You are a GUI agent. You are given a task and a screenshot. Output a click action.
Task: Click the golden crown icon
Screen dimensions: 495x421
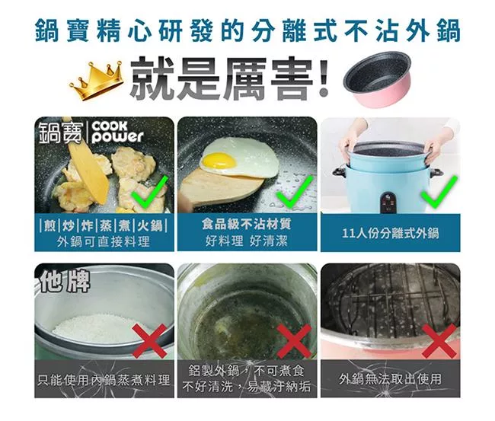(x=96, y=81)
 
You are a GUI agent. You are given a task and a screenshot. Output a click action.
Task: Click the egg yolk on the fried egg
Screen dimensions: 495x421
(x=219, y=161)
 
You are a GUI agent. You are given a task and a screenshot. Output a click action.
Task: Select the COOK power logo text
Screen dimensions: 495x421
(x=117, y=132)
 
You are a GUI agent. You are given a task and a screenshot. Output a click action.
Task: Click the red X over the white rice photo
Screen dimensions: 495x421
(x=150, y=341)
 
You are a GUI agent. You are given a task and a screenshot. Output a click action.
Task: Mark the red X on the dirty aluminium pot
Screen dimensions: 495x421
(x=294, y=341)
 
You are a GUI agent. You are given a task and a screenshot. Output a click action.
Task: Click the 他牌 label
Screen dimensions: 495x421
(x=65, y=281)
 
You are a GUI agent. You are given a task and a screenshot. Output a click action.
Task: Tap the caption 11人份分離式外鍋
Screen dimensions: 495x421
(x=390, y=233)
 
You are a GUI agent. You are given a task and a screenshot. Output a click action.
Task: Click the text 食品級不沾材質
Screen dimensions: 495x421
(x=247, y=224)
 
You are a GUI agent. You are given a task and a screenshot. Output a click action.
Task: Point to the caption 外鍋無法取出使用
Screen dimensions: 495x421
(x=390, y=378)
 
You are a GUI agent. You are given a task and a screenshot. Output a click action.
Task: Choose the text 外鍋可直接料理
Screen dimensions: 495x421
(x=104, y=242)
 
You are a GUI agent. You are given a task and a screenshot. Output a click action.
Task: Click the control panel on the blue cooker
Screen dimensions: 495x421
(x=389, y=202)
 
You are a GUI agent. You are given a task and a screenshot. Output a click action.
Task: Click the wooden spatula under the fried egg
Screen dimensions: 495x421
(x=221, y=189)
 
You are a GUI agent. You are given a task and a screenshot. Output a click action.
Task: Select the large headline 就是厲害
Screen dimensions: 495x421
(x=230, y=78)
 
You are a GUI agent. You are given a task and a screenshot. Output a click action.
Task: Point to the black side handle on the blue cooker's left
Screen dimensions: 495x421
(x=339, y=172)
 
